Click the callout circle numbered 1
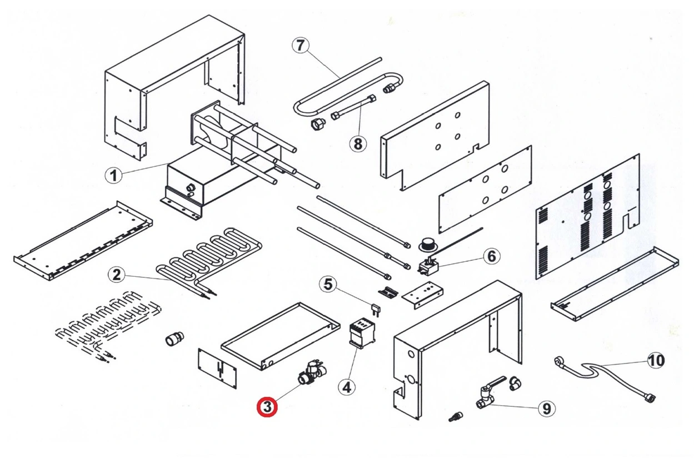(113, 176)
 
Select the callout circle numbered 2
(116, 274)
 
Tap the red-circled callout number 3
(267, 407)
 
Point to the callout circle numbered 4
(347, 386)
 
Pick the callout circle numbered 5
(328, 285)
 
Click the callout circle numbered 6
(491, 256)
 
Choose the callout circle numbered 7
(301, 46)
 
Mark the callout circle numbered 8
(358, 143)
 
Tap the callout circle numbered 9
(546, 409)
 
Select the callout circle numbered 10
(656, 361)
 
